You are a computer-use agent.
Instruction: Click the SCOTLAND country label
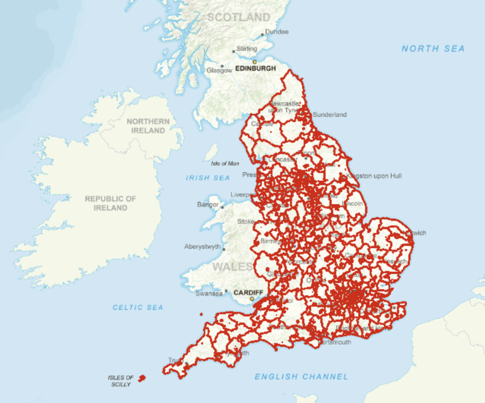[x=239, y=17]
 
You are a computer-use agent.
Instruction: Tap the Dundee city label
[x=277, y=32]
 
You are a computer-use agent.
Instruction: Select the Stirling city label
[x=247, y=49]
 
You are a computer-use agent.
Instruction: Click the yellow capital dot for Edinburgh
[x=255, y=62]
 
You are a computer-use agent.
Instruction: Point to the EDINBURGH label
[x=255, y=68]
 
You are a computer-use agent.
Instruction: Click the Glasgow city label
[x=219, y=70]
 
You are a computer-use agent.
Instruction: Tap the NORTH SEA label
[x=433, y=49]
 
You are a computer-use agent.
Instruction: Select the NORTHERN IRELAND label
[x=148, y=126]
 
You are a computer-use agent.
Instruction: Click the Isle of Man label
[x=225, y=163]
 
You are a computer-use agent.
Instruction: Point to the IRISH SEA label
[x=208, y=178]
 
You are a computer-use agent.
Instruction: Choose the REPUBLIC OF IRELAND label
[x=110, y=203]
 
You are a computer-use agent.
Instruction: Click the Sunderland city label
[x=330, y=115]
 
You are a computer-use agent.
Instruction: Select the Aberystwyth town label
[x=202, y=247]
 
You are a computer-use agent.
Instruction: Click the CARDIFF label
[x=248, y=293]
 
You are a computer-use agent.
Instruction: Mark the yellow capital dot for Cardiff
[x=252, y=299]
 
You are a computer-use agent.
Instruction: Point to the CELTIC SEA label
[x=138, y=307]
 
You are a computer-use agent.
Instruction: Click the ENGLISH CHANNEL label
[x=301, y=376]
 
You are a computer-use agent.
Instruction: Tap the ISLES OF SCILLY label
[x=121, y=381]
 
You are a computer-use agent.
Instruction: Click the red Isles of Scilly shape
[x=142, y=378]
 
